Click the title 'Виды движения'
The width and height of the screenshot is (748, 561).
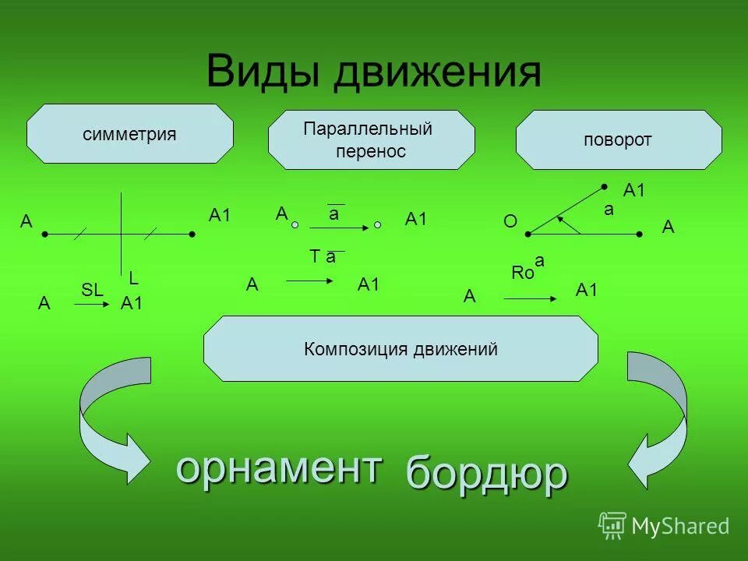[373, 72]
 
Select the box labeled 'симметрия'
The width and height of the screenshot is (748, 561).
[130, 134]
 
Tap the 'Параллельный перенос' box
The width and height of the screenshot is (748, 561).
[371, 139]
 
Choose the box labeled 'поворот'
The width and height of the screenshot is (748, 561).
[619, 140]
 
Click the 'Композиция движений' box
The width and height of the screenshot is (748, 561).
[400, 348]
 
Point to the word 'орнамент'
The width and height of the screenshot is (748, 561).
[279, 467]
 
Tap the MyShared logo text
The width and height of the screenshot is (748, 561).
[679, 526]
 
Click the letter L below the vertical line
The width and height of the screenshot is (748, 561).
[133, 277]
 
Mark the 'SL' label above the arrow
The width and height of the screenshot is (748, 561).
[92, 290]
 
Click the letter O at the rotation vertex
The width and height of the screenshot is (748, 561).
[510, 222]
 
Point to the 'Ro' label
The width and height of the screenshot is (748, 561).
[522, 273]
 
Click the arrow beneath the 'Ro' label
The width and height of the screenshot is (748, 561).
[530, 298]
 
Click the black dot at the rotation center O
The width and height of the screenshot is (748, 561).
[528, 234]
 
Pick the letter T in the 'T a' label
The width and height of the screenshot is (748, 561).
[315, 257]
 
